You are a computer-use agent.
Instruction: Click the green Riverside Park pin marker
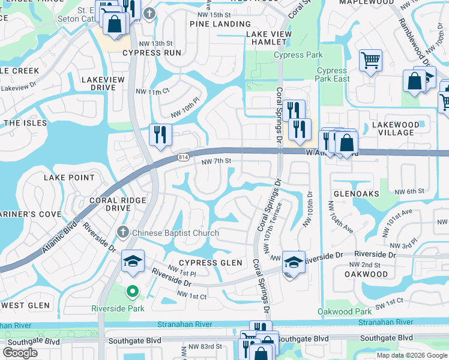(133, 292)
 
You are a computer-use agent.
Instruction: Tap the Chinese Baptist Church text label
(175, 233)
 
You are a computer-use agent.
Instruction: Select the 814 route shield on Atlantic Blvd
(184, 158)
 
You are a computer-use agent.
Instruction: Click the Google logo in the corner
(20, 352)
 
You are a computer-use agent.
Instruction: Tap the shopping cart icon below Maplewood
(370, 61)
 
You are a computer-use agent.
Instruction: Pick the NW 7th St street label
(216, 161)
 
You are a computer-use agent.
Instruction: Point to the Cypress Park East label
(333, 75)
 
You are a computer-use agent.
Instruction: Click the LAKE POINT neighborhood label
(69, 178)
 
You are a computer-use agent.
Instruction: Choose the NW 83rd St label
(202, 346)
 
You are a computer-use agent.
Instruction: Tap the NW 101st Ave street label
(399, 214)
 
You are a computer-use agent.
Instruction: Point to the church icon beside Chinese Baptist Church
(122, 232)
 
